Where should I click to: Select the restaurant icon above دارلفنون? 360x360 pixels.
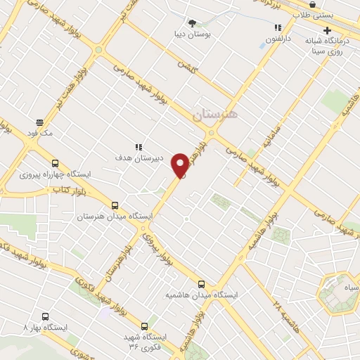click(x=278, y=27)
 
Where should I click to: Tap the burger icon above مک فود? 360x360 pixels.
click(x=39, y=122)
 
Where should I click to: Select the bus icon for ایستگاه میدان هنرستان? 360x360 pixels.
click(x=115, y=206)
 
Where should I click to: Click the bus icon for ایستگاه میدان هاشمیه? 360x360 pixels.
click(x=202, y=284)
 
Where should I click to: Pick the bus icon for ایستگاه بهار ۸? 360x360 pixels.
click(x=46, y=316)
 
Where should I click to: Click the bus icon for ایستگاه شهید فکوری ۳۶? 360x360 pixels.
click(x=144, y=326)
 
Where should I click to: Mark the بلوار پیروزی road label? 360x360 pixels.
click(x=159, y=247)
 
